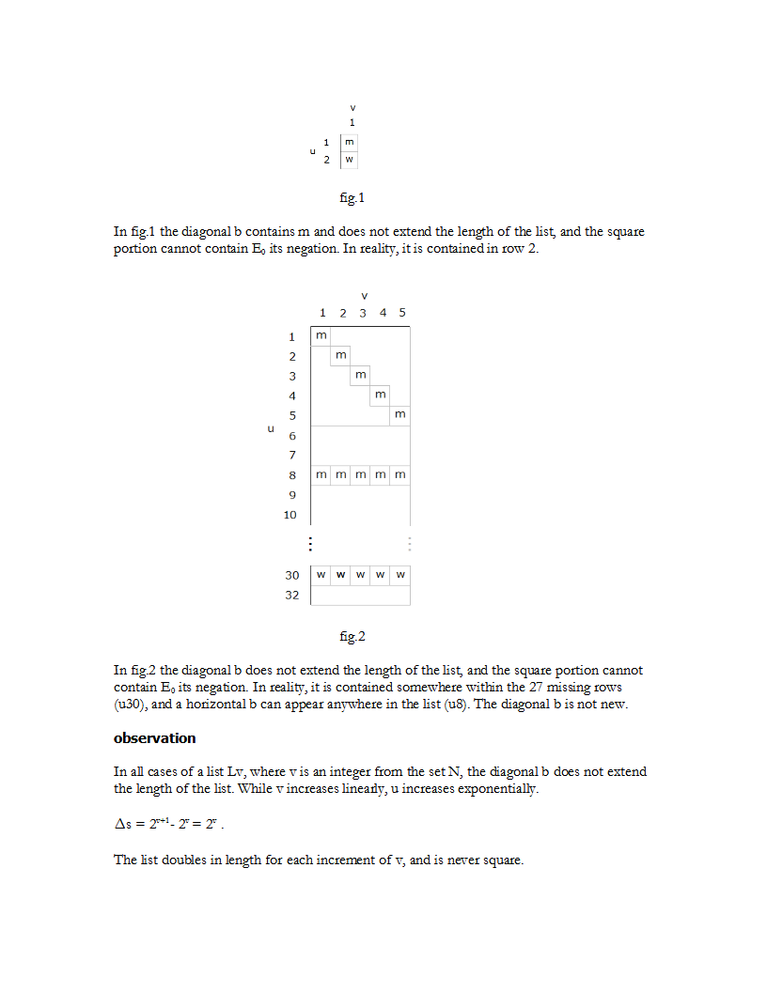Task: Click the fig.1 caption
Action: (x=352, y=198)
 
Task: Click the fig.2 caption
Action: (x=352, y=637)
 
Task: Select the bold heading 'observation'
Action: (x=154, y=738)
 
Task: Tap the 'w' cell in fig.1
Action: (x=350, y=160)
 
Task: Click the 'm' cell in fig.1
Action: (x=350, y=142)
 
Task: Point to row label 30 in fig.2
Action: (x=292, y=574)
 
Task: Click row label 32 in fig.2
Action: (x=292, y=595)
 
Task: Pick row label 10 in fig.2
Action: (x=290, y=514)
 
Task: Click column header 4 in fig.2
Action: (x=383, y=312)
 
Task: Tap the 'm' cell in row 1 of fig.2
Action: (x=321, y=335)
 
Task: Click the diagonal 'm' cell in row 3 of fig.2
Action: (x=361, y=375)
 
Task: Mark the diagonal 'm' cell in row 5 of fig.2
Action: (x=400, y=414)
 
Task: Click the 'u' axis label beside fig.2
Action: (x=271, y=427)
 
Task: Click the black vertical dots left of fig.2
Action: (x=310, y=544)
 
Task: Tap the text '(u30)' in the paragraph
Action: (x=130, y=704)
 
